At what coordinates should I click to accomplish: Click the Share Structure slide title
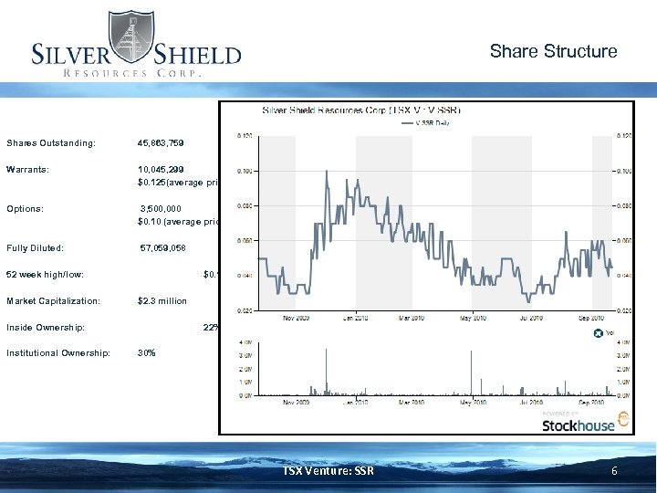[553, 51]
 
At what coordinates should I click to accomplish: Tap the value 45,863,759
[166, 143]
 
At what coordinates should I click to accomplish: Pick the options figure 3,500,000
[162, 208]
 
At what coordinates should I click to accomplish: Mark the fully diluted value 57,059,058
[163, 247]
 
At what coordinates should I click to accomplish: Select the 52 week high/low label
[45, 274]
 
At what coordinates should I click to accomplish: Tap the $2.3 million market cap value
[162, 300]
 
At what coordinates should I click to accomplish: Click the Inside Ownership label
[46, 327]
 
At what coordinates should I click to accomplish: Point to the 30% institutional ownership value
[146, 352]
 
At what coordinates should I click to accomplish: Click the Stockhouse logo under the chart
[578, 425]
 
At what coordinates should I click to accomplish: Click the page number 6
[614, 471]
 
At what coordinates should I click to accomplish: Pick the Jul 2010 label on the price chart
[532, 319]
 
